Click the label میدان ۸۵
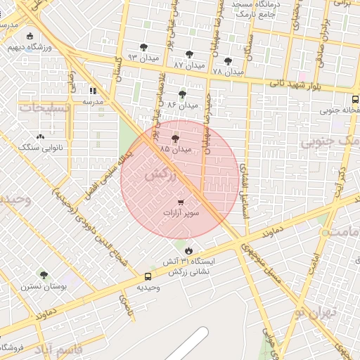tap(175, 150)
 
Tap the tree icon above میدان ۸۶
tap(183, 94)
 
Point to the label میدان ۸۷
tap(189, 64)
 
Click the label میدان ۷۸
tap(227, 71)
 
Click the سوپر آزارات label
tap(181, 212)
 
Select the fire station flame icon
tap(188, 251)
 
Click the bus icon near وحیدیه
tap(148, 277)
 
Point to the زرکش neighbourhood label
tap(158, 176)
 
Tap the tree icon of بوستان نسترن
tap(44, 276)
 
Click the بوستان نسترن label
tap(44, 286)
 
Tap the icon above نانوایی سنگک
tap(39, 137)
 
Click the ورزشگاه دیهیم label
tap(30, 47)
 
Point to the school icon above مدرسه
tap(93, 91)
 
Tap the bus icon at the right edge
tap(355, 99)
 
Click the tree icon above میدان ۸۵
tap(175, 139)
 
